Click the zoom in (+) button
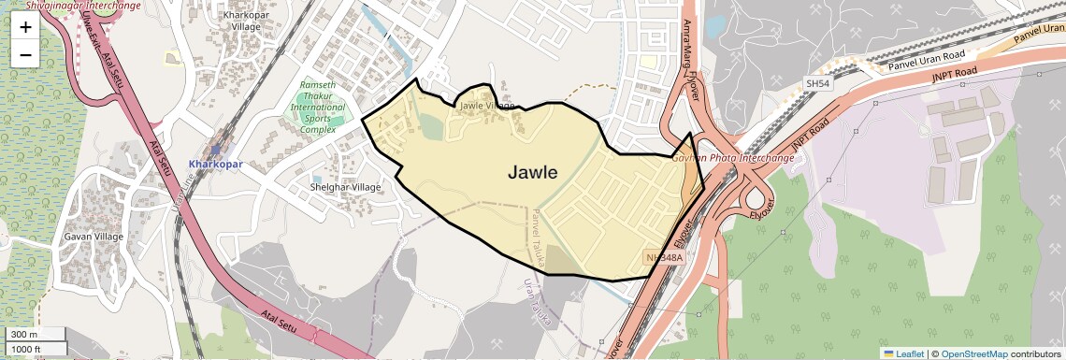click(x=25, y=27)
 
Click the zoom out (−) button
click(x=25, y=55)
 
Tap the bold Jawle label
click(x=533, y=172)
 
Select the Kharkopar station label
click(x=216, y=165)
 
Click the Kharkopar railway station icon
click(x=216, y=149)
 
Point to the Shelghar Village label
click(x=345, y=187)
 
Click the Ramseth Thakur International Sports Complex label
click(x=318, y=107)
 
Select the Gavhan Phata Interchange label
click(x=733, y=158)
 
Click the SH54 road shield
click(x=817, y=84)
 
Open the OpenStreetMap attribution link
click(x=973, y=353)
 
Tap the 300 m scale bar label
click(x=25, y=335)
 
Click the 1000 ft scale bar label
click(x=28, y=349)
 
